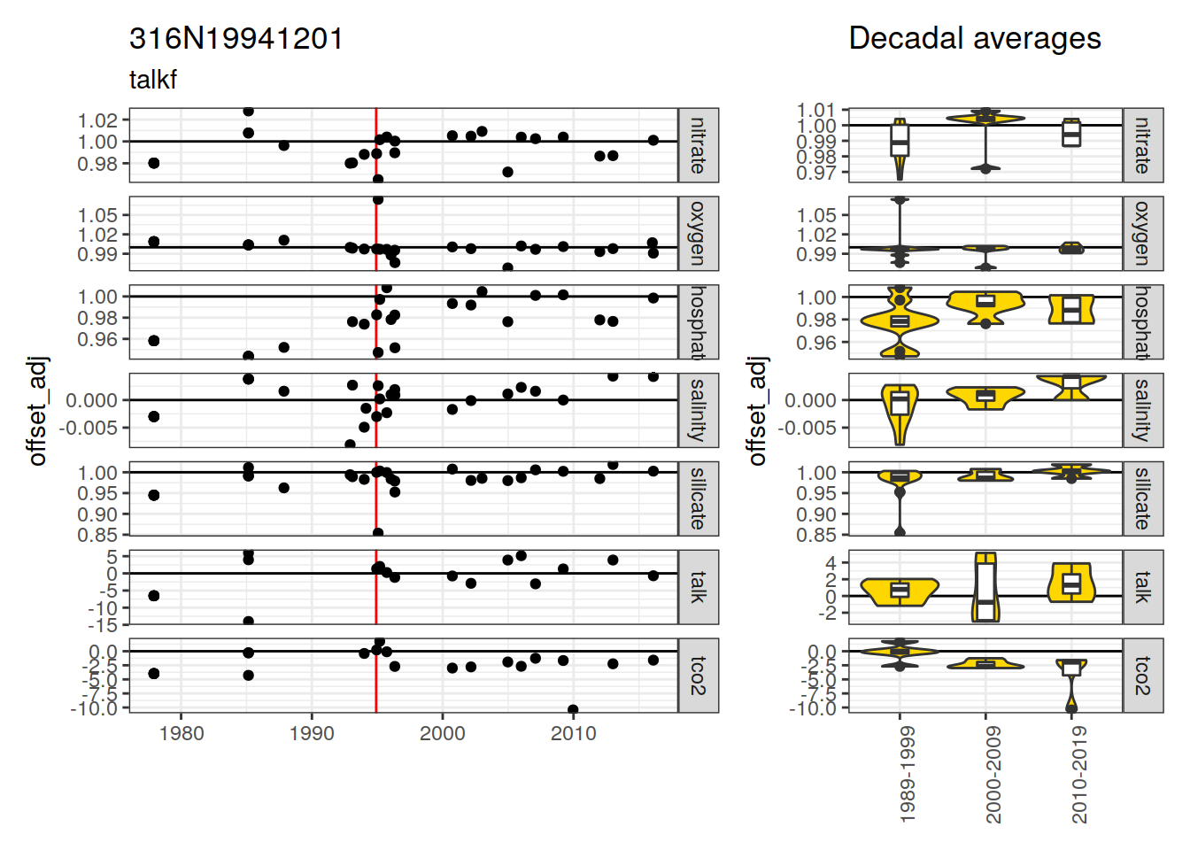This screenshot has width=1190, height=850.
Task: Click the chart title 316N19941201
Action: pyautogui.click(x=236, y=39)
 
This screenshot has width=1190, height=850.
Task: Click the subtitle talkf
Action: pyautogui.click(x=153, y=80)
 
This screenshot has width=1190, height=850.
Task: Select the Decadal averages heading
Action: pyautogui.click(x=974, y=39)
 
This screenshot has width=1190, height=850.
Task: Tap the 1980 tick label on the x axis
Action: pyautogui.click(x=182, y=733)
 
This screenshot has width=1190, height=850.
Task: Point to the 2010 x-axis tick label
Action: pyautogui.click(x=574, y=733)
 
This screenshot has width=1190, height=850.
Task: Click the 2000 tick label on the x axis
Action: pyautogui.click(x=443, y=733)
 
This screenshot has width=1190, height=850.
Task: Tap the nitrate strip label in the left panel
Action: pyautogui.click(x=698, y=145)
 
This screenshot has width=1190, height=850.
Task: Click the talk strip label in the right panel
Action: pyautogui.click(x=1142, y=587)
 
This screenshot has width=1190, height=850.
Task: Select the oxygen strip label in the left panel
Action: pyautogui.click(x=698, y=234)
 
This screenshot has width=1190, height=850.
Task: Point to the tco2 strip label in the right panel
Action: pyautogui.click(x=1142, y=676)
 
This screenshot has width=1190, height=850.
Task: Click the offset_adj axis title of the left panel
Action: pyautogui.click(x=37, y=411)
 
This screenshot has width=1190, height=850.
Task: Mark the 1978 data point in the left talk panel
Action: pyautogui.click(x=154, y=596)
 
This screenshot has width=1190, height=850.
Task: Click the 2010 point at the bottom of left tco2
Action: pyautogui.click(x=573, y=710)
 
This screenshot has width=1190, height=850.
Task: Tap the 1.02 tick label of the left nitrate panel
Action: pyautogui.click(x=97, y=120)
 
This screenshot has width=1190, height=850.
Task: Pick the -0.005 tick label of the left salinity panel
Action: pyautogui.click(x=89, y=428)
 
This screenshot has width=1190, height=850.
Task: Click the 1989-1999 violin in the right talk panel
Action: pyautogui.click(x=900, y=591)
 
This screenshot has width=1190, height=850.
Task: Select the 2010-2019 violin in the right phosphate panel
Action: pyautogui.click(x=1071, y=309)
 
